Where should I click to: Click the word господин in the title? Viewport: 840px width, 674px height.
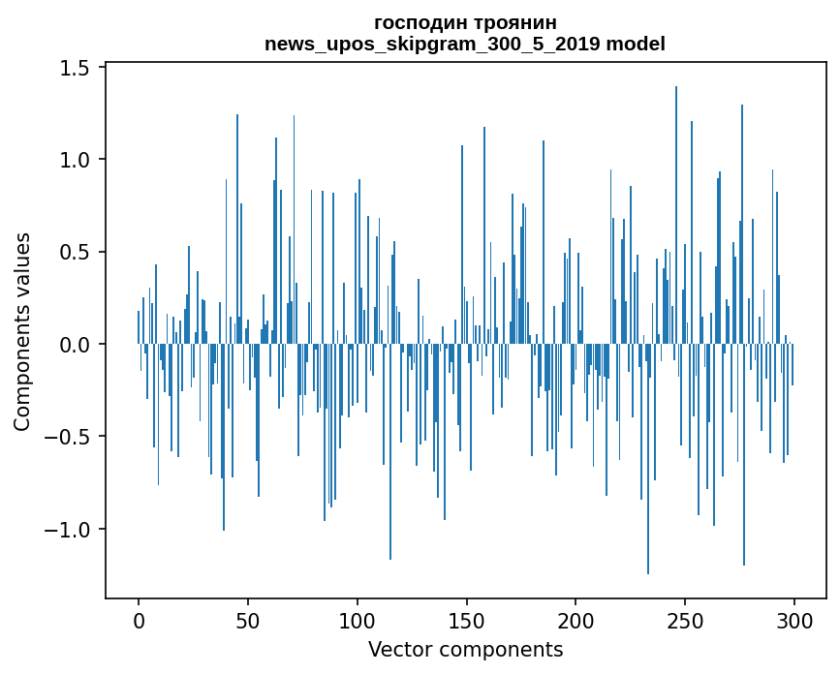click(420, 22)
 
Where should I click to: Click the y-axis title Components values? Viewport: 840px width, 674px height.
click(22, 331)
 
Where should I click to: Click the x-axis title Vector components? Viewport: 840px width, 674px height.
click(465, 649)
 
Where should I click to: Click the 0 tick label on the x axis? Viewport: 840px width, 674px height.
click(139, 620)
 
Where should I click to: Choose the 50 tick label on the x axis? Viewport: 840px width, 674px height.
click(248, 620)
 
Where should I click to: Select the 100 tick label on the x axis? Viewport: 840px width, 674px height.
click(358, 620)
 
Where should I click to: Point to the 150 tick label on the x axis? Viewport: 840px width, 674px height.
click(467, 620)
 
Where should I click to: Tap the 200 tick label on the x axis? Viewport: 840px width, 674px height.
click(576, 620)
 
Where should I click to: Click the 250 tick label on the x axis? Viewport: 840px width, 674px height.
click(686, 620)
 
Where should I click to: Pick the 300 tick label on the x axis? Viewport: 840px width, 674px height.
click(794, 620)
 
